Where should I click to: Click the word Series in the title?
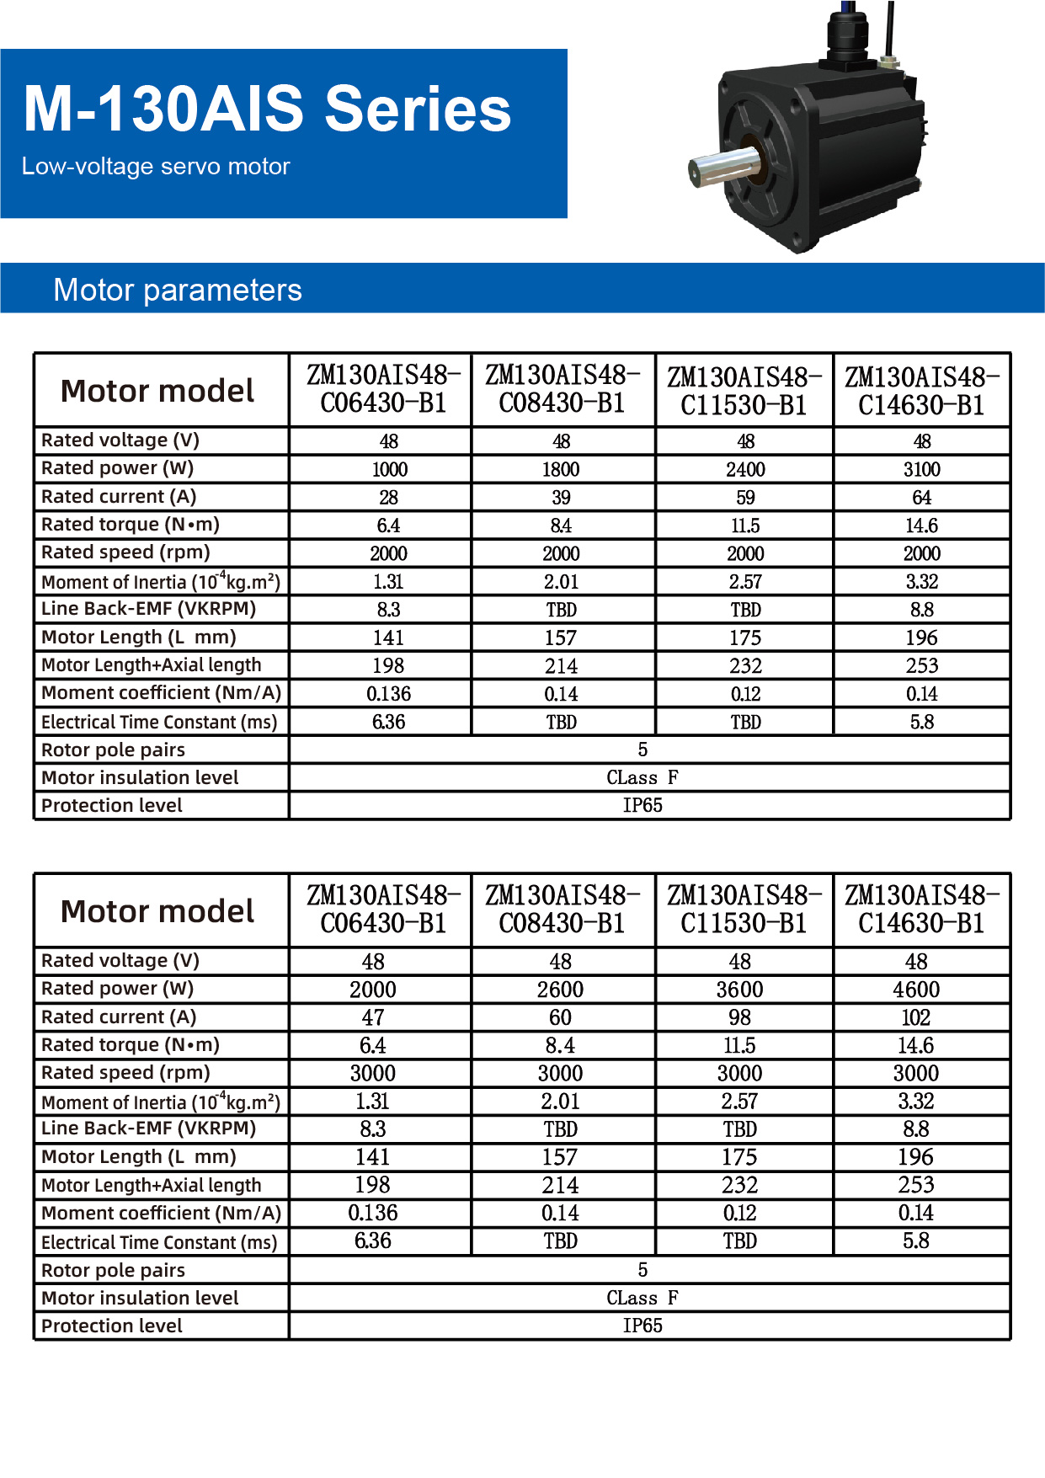click(x=418, y=109)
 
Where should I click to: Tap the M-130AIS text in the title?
click(x=163, y=109)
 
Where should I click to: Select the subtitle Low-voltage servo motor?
click(x=156, y=167)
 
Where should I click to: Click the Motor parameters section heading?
click(x=178, y=290)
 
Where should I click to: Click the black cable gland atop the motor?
click(x=845, y=38)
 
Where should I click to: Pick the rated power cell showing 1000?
click(x=389, y=469)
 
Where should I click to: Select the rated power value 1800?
click(x=561, y=469)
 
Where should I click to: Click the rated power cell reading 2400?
click(x=745, y=469)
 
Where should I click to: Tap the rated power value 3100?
click(x=922, y=469)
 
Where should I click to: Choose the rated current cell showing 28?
click(x=389, y=498)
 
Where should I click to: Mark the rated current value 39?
click(x=561, y=498)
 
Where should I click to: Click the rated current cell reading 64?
click(x=922, y=498)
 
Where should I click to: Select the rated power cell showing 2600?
click(x=560, y=990)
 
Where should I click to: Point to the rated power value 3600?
click(x=739, y=990)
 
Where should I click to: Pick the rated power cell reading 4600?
click(x=916, y=990)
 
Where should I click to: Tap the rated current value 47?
click(x=373, y=1017)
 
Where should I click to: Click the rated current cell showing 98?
click(x=739, y=1017)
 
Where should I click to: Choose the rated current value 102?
click(x=916, y=1017)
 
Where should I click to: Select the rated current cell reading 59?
click(x=745, y=498)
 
